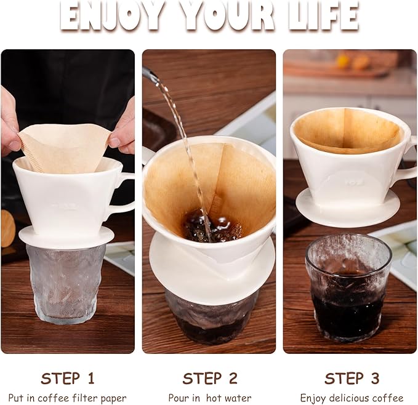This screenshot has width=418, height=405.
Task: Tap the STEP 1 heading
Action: (x=68, y=378)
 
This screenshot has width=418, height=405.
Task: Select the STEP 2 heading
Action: (x=209, y=378)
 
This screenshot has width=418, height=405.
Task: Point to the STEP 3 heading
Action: (x=352, y=378)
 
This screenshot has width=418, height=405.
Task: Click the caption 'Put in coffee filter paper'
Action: (x=68, y=398)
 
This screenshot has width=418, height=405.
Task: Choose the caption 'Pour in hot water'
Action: (x=209, y=398)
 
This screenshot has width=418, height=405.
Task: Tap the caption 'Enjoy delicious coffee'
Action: (x=352, y=398)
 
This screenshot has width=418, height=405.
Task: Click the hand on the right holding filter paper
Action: (x=124, y=129)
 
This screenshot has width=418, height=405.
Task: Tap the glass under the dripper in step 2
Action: (x=209, y=320)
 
